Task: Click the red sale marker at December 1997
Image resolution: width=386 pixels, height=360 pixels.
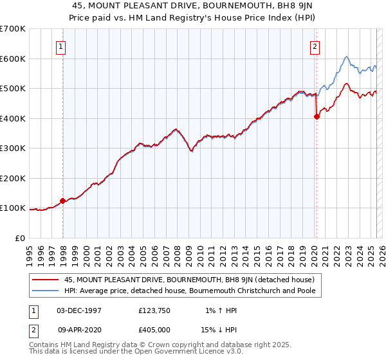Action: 62,201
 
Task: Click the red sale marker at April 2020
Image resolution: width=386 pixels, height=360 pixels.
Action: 317,116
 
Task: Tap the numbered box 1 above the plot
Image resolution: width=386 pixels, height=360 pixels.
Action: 60,46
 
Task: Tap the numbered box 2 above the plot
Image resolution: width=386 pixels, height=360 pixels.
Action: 315,46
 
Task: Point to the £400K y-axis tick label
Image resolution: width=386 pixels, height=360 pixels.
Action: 13,118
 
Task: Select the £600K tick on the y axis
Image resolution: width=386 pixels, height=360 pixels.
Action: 13,59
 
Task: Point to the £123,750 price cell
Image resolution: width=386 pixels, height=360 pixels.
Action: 154,310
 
